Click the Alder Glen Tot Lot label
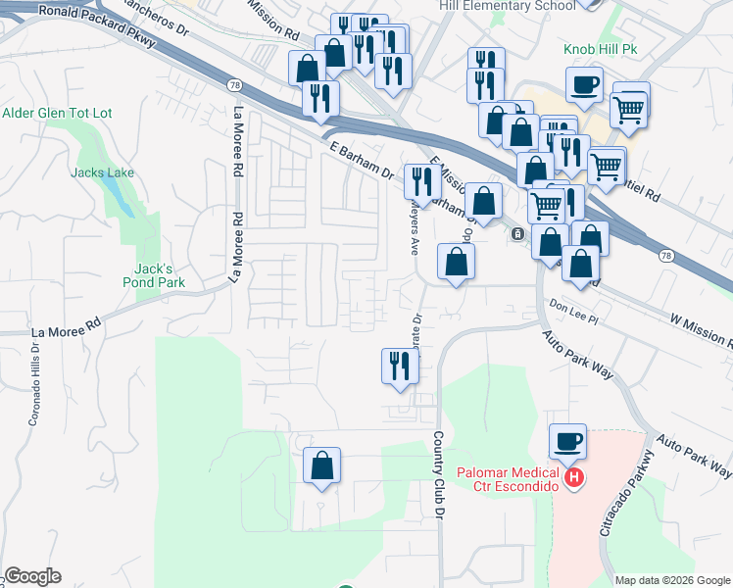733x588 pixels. [57, 114]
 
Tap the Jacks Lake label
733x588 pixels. [102, 173]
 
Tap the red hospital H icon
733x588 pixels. [574, 479]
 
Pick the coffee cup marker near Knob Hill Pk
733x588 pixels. [585, 85]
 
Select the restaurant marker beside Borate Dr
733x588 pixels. [400, 366]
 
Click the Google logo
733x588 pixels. [32, 576]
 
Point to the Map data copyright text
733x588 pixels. [672, 580]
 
